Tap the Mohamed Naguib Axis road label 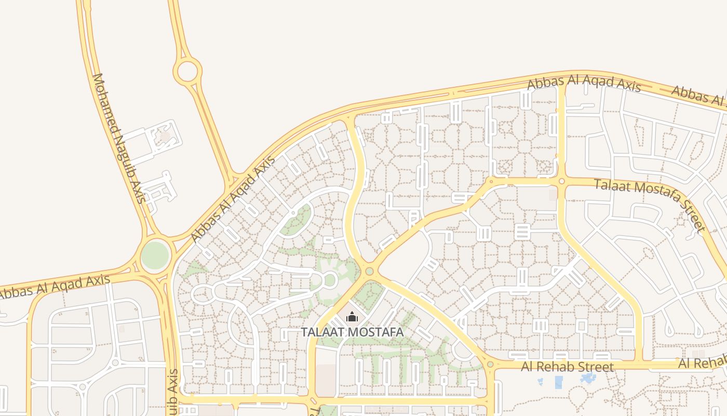[118, 138]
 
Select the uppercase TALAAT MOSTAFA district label [353, 332]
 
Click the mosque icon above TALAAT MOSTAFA [352, 316]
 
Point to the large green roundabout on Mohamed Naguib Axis [155, 255]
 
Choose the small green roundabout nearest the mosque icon [369, 271]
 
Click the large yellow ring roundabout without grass [187, 71]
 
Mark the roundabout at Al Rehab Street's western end [490, 365]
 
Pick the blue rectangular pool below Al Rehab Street [559, 382]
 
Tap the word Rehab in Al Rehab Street [563, 367]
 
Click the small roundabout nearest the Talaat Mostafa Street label [561, 181]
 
